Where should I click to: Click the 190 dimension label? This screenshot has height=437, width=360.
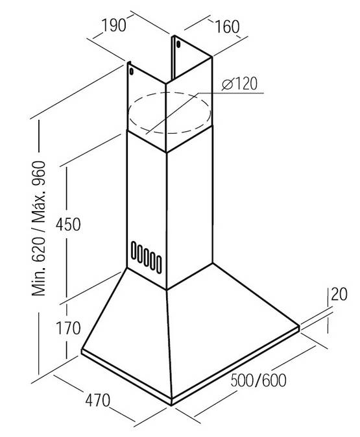[114, 25]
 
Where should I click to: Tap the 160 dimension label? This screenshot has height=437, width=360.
[227, 27]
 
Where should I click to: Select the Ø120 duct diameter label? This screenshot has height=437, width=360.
[240, 84]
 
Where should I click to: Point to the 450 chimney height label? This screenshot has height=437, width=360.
[68, 225]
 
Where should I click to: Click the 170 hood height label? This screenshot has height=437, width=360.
[68, 328]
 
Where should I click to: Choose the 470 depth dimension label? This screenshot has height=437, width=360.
[98, 401]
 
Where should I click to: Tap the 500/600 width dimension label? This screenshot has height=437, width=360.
[258, 380]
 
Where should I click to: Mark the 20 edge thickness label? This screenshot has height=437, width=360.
[339, 294]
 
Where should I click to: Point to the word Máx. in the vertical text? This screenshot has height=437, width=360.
[38, 208]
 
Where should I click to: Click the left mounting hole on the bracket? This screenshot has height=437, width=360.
[131, 71]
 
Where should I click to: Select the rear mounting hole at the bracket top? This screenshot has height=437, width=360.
[178, 44]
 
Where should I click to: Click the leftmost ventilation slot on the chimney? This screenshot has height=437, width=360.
[134, 250]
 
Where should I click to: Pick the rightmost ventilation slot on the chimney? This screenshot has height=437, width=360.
[159, 264]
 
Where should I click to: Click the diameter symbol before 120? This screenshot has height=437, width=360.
[228, 84]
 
